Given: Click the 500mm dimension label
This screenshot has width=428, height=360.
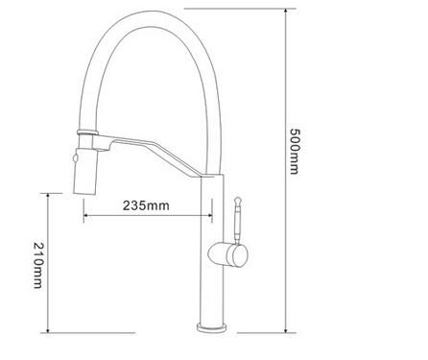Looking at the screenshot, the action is coord(294,152).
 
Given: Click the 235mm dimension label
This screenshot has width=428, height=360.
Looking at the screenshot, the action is coord(146,205).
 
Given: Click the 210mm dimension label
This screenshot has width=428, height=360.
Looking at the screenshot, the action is coord(37,265).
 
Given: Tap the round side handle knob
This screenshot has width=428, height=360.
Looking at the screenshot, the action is coord(228,254).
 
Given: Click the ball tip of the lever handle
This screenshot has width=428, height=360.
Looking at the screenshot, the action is coord(237,202).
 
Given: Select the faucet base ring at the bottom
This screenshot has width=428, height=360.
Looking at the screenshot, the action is coord(211,327).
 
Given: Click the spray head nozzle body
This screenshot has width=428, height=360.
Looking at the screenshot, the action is coord(85,171).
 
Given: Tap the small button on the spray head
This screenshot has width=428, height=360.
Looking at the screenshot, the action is coord(76,157).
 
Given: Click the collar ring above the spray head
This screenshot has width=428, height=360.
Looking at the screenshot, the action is coord(87,132).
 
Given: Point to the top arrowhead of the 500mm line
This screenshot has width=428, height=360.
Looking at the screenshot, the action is coord(286,12).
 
